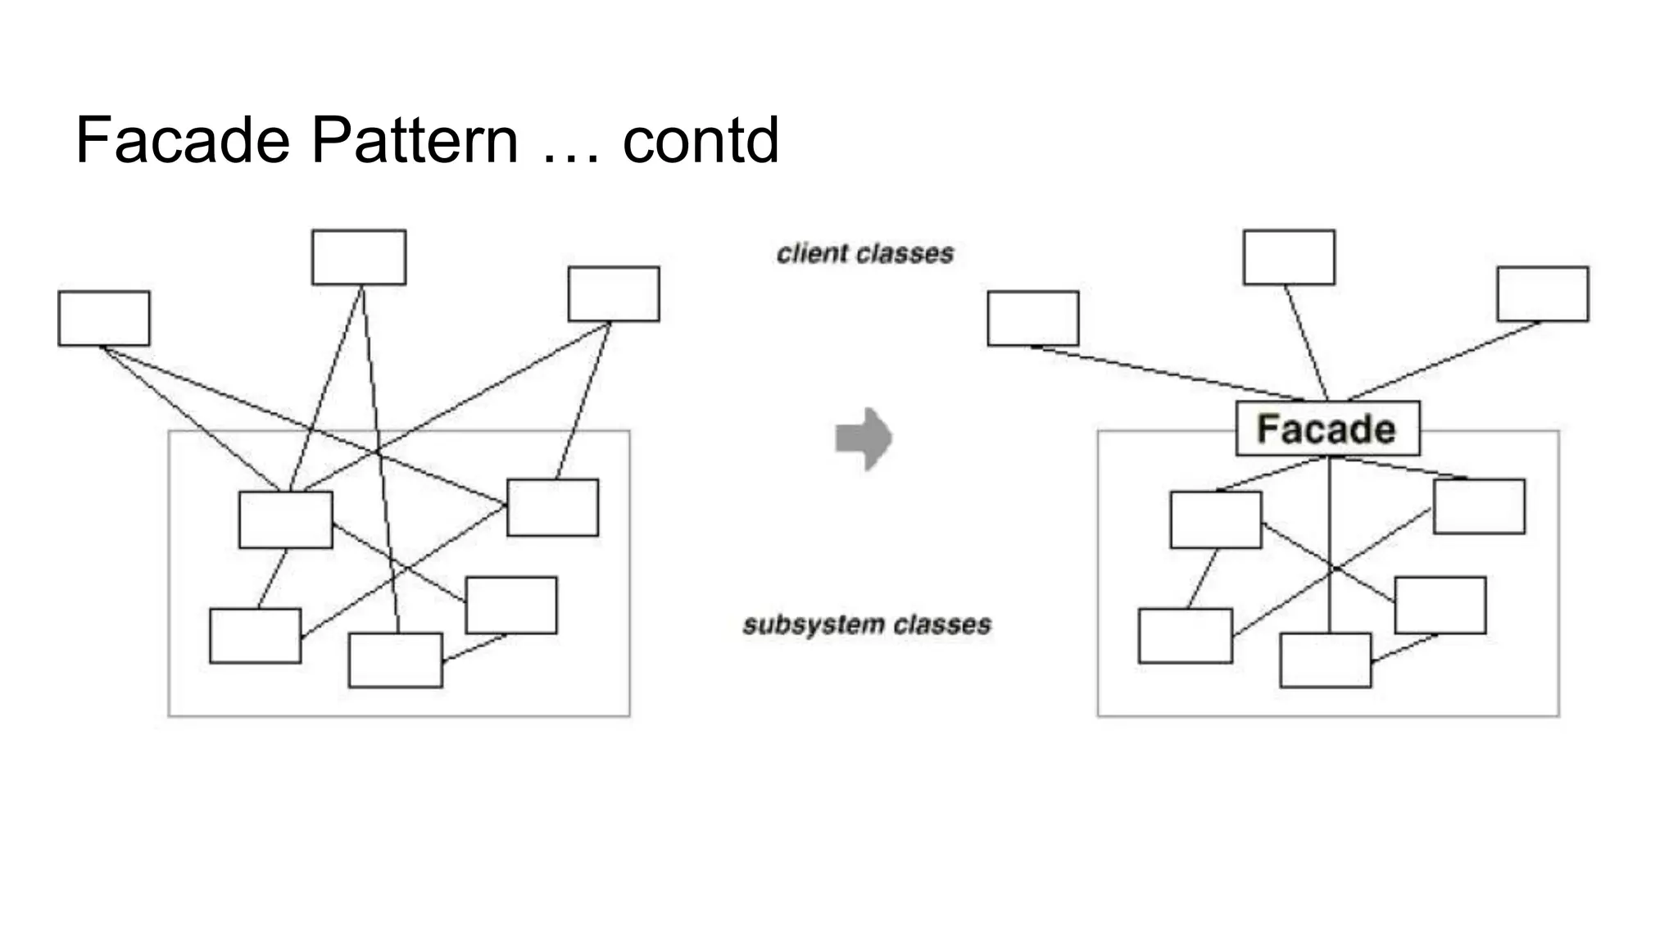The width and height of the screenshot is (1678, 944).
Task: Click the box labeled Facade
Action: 1327,429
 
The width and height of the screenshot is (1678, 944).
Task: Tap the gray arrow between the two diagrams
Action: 864,438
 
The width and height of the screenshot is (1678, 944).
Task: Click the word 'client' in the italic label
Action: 812,254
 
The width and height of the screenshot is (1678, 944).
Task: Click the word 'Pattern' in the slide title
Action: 415,140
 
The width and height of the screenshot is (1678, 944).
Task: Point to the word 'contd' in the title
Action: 701,140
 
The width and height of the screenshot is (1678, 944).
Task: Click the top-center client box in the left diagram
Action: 359,257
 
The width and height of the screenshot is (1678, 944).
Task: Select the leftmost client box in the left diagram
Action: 104,318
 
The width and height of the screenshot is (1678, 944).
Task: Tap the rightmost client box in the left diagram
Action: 614,293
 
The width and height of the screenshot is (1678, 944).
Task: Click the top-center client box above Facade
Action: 1289,257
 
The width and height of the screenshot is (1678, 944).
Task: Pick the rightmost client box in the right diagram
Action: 1543,293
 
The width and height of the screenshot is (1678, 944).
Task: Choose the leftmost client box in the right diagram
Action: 1033,318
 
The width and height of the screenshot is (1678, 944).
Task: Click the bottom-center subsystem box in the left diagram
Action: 396,660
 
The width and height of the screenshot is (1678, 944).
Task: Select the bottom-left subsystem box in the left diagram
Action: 255,635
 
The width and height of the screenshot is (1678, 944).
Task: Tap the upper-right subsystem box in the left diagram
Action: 553,508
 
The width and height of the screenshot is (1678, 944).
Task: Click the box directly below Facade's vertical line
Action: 1326,660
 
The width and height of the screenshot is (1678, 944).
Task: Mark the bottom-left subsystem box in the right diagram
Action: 1186,635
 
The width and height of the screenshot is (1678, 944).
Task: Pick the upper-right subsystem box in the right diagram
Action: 1480,506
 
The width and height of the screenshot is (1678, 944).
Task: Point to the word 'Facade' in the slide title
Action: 183,140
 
